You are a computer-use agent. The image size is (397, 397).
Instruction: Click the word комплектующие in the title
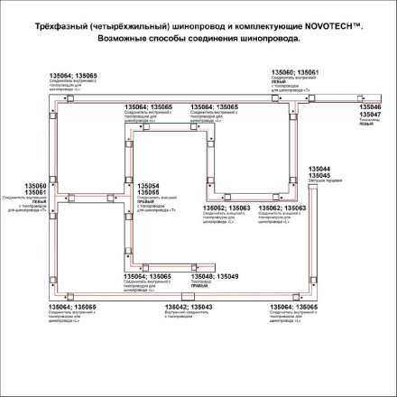pos(274,31)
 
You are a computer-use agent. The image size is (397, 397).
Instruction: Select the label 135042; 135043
pos(188,308)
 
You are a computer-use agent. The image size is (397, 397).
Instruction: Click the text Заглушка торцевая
pos(324,181)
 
